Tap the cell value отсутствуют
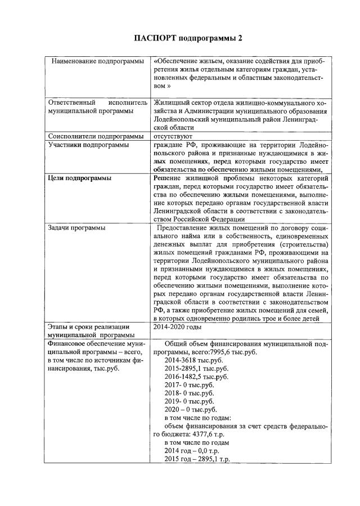(x=173, y=136)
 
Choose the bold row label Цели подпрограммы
(x=79, y=178)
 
